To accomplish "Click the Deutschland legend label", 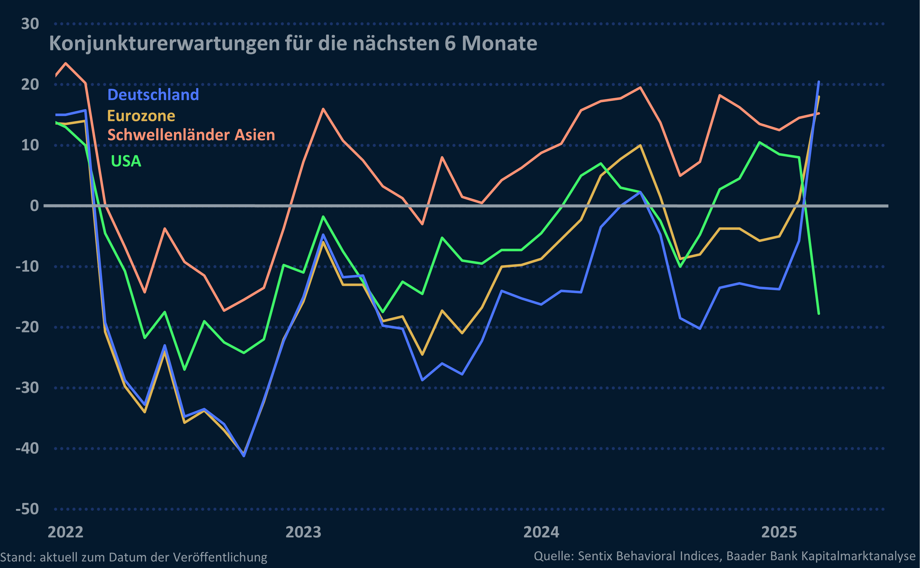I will tap(153, 95).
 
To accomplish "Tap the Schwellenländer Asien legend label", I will tap(191, 135).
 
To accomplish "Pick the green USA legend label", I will tap(126, 161).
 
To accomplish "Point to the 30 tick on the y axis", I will tap(30, 24).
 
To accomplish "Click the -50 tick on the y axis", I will tap(27, 509).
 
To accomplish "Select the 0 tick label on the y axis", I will tap(34, 206).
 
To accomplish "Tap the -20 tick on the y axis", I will tap(27, 327).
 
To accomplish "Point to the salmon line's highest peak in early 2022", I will tap(66, 63).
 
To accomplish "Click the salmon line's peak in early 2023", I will tap(323, 109).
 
